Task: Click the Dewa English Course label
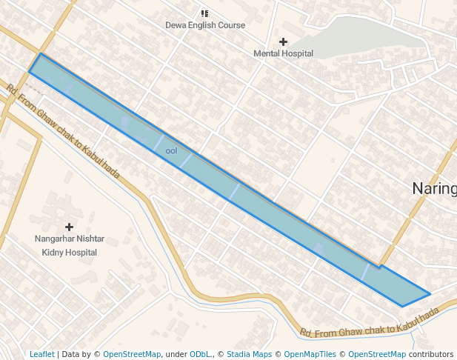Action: pyautogui.click(x=204, y=25)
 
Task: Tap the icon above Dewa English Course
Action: pyautogui.click(x=204, y=13)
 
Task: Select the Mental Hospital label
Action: pyautogui.click(x=283, y=53)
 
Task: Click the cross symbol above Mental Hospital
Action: pyautogui.click(x=283, y=41)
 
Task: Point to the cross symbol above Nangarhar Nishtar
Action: pyautogui.click(x=70, y=227)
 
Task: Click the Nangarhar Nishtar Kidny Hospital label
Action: pyautogui.click(x=70, y=246)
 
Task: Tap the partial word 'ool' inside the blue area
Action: pyautogui.click(x=171, y=151)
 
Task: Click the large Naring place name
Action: pyautogui.click(x=434, y=188)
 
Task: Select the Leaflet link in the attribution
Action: pyautogui.click(x=41, y=354)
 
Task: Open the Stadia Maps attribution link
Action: pyautogui.click(x=249, y=354)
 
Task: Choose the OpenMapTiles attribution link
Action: pyautogui.click(x=310, y=354)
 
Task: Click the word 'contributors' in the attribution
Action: pyautogui.click(x=431, y=354)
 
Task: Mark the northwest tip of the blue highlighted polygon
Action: pyautogui.click(x=39, y=54)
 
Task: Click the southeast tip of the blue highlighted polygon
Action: pyautogui.click(x=430, y=294)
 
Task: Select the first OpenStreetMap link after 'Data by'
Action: pyautogui.click(x=131, y=354)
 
